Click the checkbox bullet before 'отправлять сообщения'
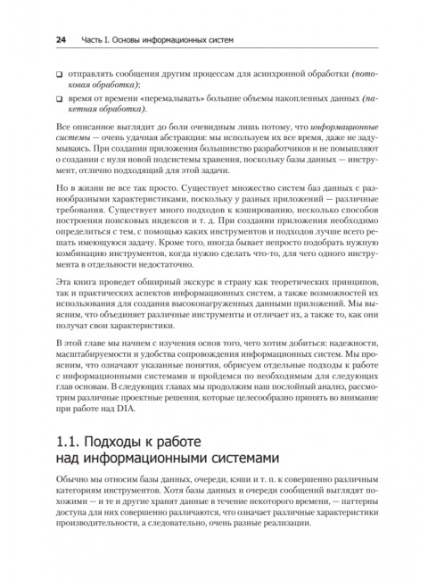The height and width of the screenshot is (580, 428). click(59, 72)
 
